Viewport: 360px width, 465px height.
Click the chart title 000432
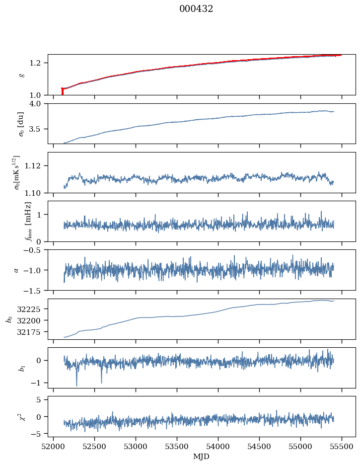click(x=196, y=9)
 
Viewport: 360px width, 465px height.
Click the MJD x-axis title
click(x=201, y=457)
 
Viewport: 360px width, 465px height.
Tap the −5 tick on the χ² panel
click(x=39, y=434)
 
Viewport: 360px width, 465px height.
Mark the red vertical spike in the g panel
click(x=62, y=91)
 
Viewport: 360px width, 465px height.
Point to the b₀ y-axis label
click(x=8, y=318)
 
